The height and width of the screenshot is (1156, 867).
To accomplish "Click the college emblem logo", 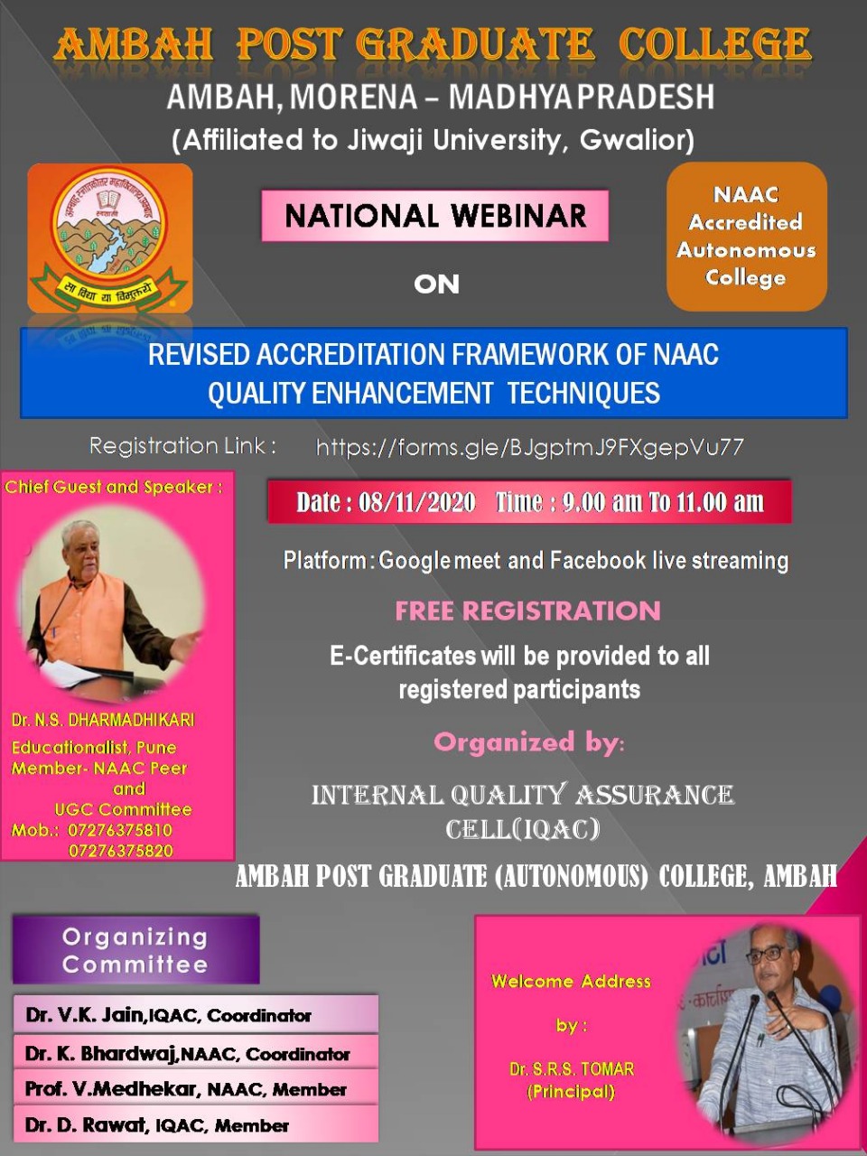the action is [x=110, y=238].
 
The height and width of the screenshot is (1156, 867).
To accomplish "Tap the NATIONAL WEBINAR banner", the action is [x=434, y=216].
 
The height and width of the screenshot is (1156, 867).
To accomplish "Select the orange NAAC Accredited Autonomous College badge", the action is [x=747, y=237].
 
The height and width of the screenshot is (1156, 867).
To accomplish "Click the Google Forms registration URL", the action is [x=529, y=447].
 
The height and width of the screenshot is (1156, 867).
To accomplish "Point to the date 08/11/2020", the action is [x=417, y=502].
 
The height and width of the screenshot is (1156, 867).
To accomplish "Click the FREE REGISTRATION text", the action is [x=527, y=611].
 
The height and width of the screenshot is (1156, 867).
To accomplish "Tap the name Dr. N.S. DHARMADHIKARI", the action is [x=103, y=720].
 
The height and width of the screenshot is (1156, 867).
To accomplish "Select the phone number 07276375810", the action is [x=120, y=830].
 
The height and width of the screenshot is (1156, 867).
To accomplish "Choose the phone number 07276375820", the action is [x=120, y=851].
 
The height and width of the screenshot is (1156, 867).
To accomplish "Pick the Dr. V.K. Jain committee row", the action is [x=196, y=1015].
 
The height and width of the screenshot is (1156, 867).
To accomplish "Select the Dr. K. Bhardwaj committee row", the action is [x=196, y=1053].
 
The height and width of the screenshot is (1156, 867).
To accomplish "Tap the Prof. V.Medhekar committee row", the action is [x=196, y=1088].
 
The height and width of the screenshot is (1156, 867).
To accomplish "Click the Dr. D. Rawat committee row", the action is [x=196, y=1124].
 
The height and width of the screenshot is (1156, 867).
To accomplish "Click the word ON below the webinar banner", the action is [x=436, y=284].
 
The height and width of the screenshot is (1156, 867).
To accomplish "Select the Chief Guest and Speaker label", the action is [x=113, y=487].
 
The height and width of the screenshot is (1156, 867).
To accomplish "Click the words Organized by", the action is [x=529, y=742].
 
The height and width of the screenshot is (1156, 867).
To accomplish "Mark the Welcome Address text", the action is [x=571, y=981].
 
